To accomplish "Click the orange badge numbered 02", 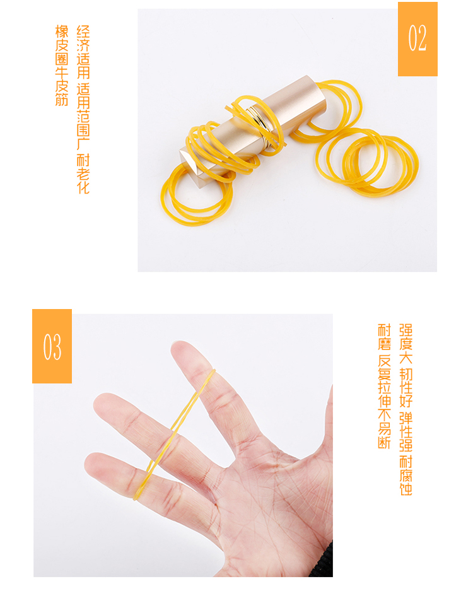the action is click(x=418, y=38).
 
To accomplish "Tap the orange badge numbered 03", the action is click(x=52, y=346).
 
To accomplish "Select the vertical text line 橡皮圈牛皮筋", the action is click(x=62, y=66).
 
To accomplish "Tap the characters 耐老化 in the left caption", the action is click(x=83, y=174).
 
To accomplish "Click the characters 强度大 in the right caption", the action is click(x=406, y=344).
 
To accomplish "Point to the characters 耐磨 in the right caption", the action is click(x=385, y=337).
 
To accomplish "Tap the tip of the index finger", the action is click(x=180, y=347).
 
